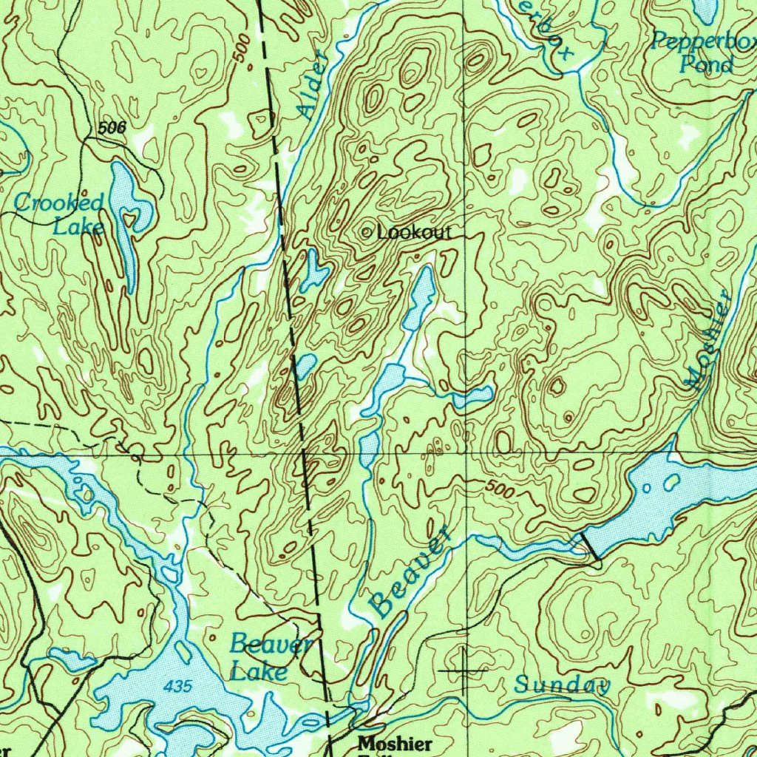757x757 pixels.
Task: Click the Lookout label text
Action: (414, 233)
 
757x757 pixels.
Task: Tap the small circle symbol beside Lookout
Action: (367, 233)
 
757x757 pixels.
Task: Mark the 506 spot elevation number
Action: (112, 128)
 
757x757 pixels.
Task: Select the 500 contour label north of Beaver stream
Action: (500, 489)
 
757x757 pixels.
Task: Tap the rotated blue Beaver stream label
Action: (410, 572)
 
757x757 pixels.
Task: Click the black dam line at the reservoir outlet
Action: (589, 546)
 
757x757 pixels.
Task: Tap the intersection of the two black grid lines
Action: (466, 452)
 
